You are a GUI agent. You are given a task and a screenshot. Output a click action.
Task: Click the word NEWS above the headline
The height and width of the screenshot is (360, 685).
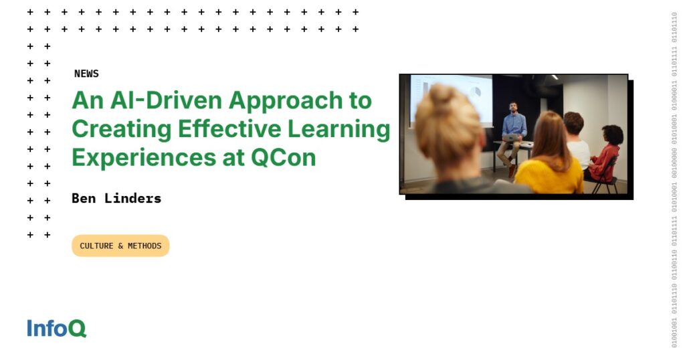[86, 74]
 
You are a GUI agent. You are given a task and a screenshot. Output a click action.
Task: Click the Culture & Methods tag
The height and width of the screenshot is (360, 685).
[120, 246]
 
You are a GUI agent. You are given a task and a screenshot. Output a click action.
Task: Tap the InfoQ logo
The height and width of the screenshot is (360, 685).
[57, 329]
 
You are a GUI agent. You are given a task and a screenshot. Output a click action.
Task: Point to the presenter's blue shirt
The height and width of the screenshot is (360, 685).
[514, 124]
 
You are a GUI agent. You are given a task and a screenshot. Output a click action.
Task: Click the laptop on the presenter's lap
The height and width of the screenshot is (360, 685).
[512, 138]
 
